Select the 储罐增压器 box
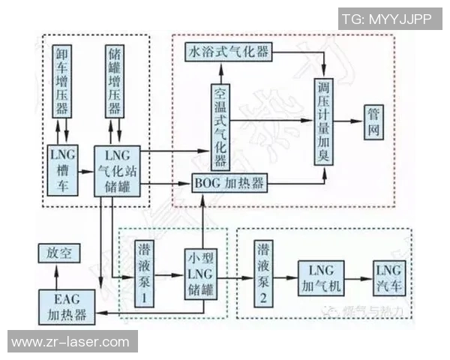(114, 81)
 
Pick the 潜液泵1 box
(145, 274)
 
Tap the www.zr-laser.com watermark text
(70, 342)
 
